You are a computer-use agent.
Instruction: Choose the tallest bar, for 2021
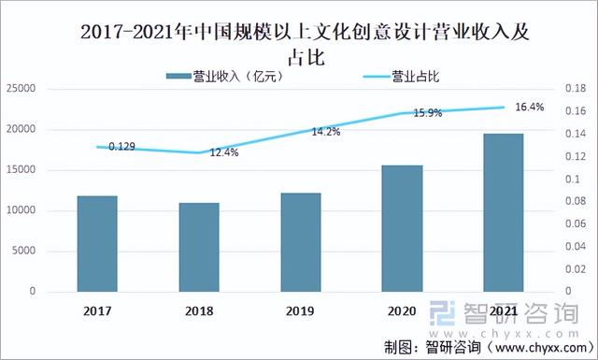pyautogui.click(x=504, y=212)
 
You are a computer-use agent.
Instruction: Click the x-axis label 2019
pyautogui.click(x=301, y=310)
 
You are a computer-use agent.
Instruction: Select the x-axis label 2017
pyautogui.click(x=96, y=310)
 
